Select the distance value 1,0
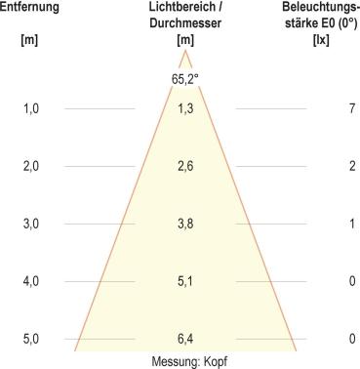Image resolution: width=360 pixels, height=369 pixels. [x=30, y=108]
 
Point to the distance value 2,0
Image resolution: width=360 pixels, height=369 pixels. [x=30, y=166]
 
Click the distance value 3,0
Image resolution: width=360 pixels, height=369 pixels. [x=30, y=224]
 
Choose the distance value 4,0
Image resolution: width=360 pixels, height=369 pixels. [x=30, y=281]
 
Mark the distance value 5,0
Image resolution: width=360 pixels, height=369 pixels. [x=30, y=339]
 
